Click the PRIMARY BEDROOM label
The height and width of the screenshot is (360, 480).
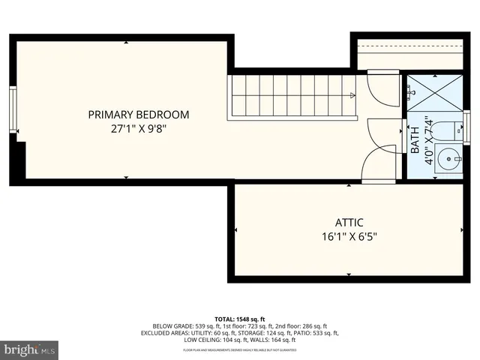pyautogui.click(x=139, y=115)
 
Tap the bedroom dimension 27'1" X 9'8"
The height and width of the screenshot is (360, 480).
pyautogui.click(x=139, y=128)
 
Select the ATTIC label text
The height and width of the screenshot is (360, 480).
pyautogui.click(x=349, y=223)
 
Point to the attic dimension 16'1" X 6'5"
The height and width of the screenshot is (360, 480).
pyautogui.click(x=349, y=236)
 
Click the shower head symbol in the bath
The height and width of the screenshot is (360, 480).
pyautogui.click(x=410, y=91)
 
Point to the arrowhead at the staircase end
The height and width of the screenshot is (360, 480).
pyautogui.click(x=352, y=95)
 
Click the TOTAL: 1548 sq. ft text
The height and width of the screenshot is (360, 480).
pyautogui.click(x=240, y=320)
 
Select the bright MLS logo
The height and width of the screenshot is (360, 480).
pyautogui.click(x=30, y=349)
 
